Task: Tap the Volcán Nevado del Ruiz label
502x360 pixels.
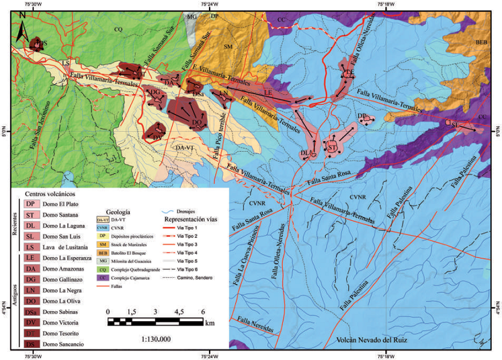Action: [x=376, y=339]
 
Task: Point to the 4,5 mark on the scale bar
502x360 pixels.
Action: [x=179, y=312]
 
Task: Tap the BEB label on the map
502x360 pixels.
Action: [x=481, y=41]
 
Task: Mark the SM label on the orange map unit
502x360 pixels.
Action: [x=228, y=47]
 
